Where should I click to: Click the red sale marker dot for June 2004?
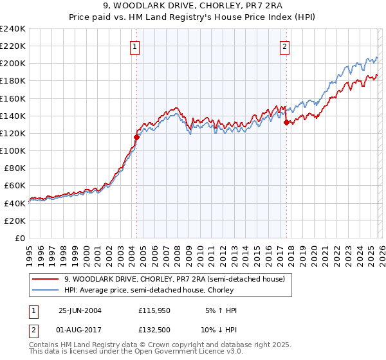[136, 137]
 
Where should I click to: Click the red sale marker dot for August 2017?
[286, 123]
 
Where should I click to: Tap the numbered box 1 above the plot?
[135, 46]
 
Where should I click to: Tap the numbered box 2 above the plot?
[284, 46]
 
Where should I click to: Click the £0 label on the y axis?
[19, 238]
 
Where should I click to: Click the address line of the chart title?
[193, 6]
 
